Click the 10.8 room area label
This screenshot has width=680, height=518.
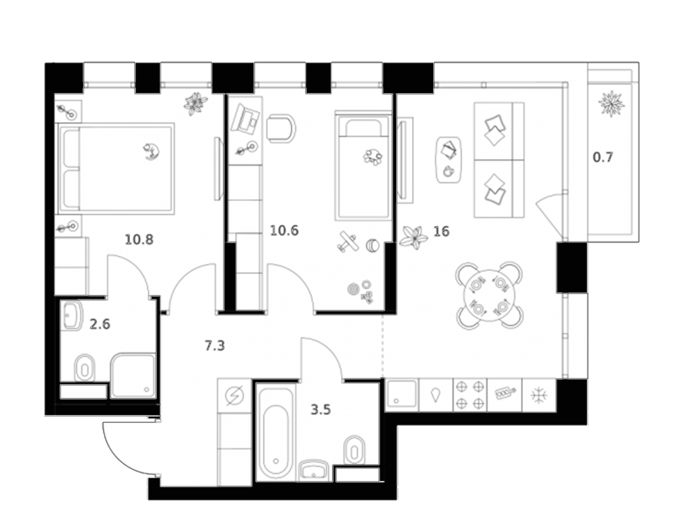[x=139, y=239]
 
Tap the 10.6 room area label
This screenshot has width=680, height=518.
[x=284, y=230]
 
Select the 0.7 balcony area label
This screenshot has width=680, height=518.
[x=603, y=157]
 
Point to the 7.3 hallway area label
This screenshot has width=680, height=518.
[x=215, y=345]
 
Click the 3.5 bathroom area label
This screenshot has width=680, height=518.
[x=321, y=409]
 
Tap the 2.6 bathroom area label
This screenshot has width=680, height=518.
[x=100, y=324]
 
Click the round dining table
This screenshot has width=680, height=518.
[x=489, y=296]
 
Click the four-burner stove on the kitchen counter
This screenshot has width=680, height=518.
[x=470, y=395]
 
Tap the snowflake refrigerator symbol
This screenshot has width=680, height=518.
[x=539, y=395]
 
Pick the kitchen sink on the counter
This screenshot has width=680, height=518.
[x=402, y=395]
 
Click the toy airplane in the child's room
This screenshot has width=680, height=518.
[x=347, y=242]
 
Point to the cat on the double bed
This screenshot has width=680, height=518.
[x=152, y=152]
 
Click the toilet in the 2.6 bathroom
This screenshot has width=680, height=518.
[x=85, y=368]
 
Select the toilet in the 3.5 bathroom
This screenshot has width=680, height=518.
[x=354, y=450]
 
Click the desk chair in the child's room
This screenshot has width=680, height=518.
[x=281, y=128]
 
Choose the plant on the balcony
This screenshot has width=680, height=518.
[x=611, y=103]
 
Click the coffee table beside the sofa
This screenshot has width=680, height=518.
[x=449, y=160]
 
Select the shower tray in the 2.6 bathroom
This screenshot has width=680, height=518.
[x=133, y=376]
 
